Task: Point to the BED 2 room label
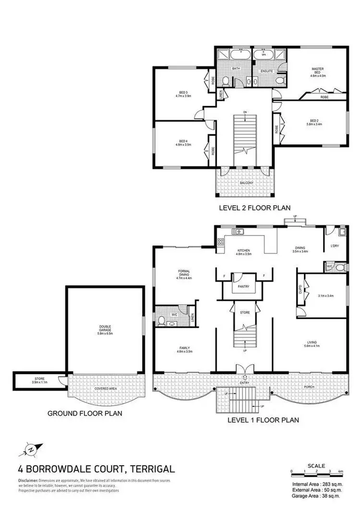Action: [314, 121]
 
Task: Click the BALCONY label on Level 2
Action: [246, 183]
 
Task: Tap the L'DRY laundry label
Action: [335, 247]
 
